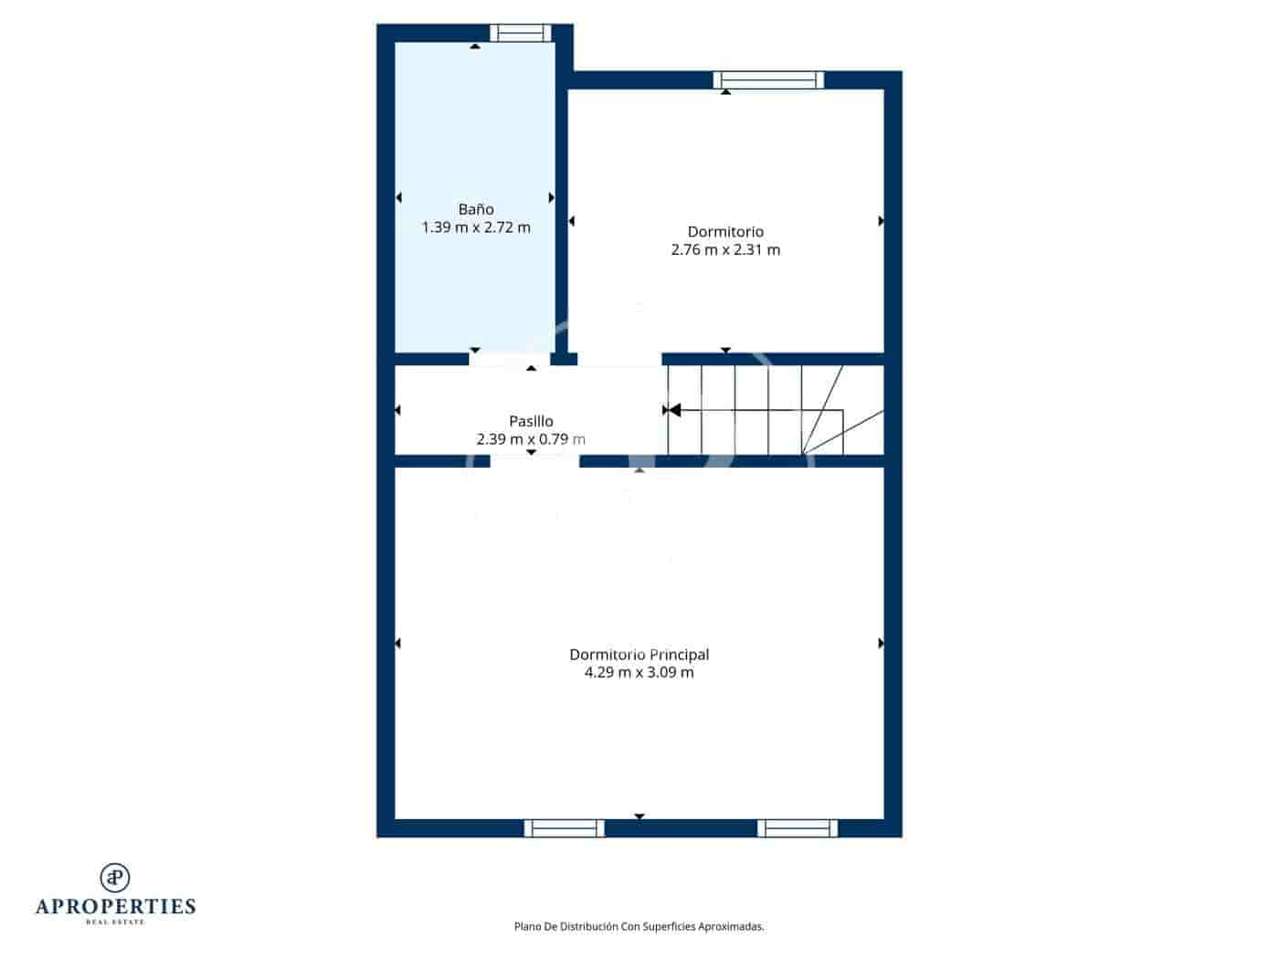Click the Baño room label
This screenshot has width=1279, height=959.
[476, 209]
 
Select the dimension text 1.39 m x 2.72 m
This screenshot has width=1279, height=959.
[476, 227]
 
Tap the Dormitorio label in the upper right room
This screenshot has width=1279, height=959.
[725, 232]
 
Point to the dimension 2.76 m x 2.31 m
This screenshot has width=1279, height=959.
[725, 249]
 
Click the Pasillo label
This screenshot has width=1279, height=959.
[531, 421]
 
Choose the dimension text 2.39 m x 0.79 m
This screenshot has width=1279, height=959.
[531, 439]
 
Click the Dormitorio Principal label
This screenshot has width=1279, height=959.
[639, 655]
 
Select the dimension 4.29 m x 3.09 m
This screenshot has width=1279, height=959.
[639, 672]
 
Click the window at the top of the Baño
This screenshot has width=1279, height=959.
[521, 33]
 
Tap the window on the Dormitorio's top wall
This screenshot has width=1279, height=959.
[768, 80]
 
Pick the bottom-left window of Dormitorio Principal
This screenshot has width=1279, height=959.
[564, 828]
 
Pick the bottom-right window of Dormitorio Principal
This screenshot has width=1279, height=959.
[798, 828]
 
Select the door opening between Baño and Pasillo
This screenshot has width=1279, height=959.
[510, 359]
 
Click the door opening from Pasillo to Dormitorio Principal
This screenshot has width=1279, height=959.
[534, 461]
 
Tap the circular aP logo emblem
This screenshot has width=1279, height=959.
[115, 877]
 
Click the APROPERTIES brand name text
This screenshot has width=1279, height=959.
[115, 906]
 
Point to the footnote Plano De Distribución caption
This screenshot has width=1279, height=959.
[639, 926]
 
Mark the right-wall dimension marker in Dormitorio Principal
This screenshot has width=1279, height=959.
[881, 644]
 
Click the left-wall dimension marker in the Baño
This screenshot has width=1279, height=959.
[398, 197]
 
